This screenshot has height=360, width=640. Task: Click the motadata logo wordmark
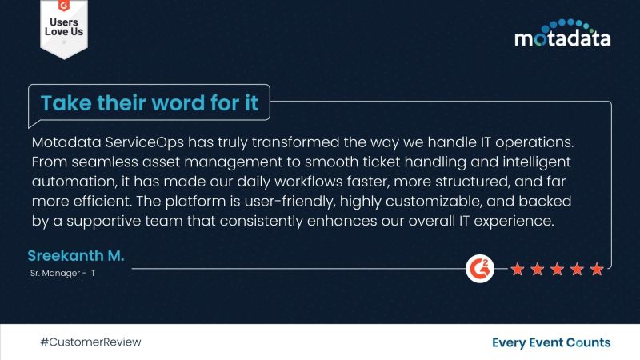click(562, 38)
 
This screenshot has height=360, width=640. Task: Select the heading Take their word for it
click(150, 104)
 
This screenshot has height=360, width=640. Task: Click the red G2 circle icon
click(478, 269)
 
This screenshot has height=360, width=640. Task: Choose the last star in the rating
click(596, 270)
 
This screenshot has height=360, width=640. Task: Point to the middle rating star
click(556, 270)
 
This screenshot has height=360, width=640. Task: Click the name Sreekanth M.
click(76, 256)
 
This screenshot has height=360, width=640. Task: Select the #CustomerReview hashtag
click(90, 342)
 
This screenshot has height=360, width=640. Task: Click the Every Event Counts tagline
click(551, 342)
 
